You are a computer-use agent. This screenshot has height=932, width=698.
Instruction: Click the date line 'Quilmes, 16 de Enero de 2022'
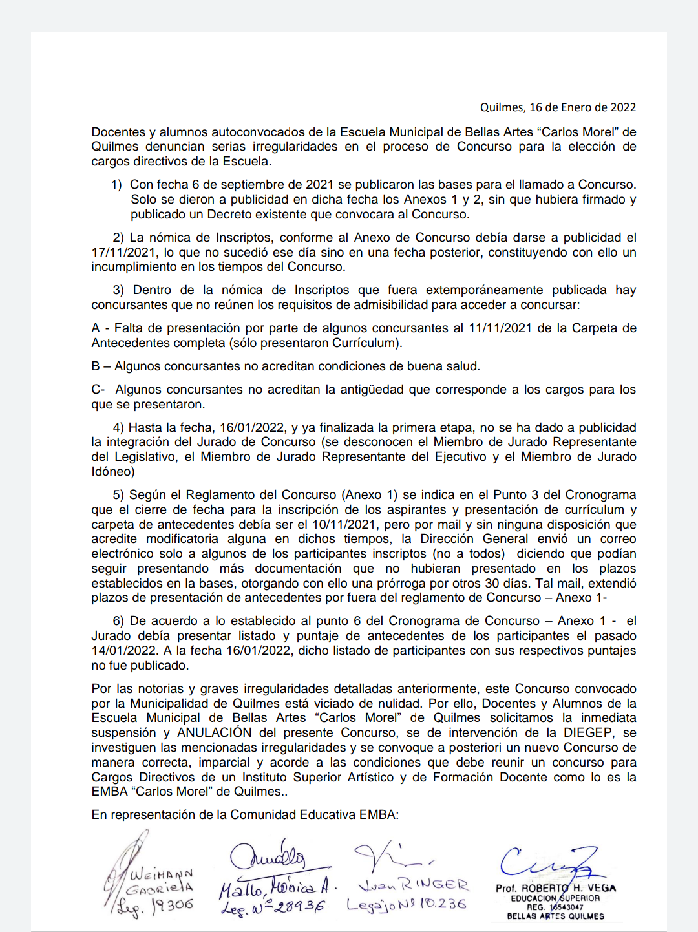558,107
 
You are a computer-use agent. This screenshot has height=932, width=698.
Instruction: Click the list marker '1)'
116,185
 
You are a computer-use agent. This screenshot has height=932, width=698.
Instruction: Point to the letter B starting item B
96,366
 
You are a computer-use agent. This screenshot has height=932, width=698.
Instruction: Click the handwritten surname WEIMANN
161,875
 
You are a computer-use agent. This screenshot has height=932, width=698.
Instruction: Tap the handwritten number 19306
172,906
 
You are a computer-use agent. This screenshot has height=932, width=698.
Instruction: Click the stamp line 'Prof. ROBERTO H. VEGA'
556,888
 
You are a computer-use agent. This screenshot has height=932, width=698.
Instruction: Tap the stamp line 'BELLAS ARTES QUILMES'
556,916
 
